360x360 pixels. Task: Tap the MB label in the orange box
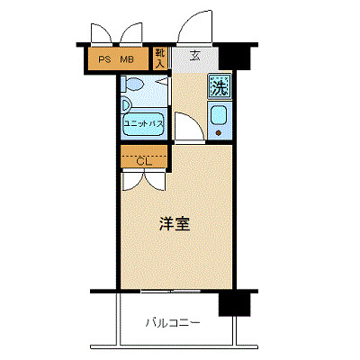point(128,60)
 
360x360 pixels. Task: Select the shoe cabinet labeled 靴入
point(160,58)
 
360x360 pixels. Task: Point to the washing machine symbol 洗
point(219,87)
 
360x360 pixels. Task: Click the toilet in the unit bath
point(134,85)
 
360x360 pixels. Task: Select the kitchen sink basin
point(219,116)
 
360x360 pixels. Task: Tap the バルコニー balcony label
point(172,322)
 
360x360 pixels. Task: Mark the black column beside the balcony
point(233,303)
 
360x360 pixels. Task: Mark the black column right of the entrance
point(237,56)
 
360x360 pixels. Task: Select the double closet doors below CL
point(143,179)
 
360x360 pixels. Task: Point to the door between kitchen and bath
point(185,128)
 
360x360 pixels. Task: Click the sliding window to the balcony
point(171,292)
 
